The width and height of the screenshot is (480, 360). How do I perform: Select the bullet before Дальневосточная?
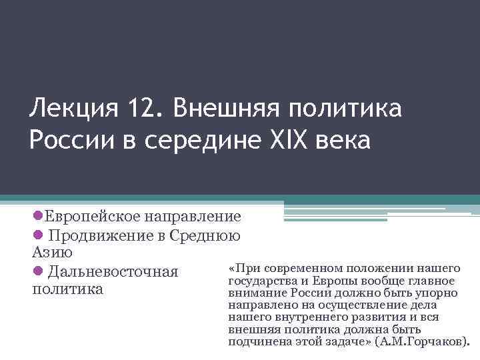click(x=37, y=271)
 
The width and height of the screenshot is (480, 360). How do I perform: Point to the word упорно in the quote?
click(x=434, y=293)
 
